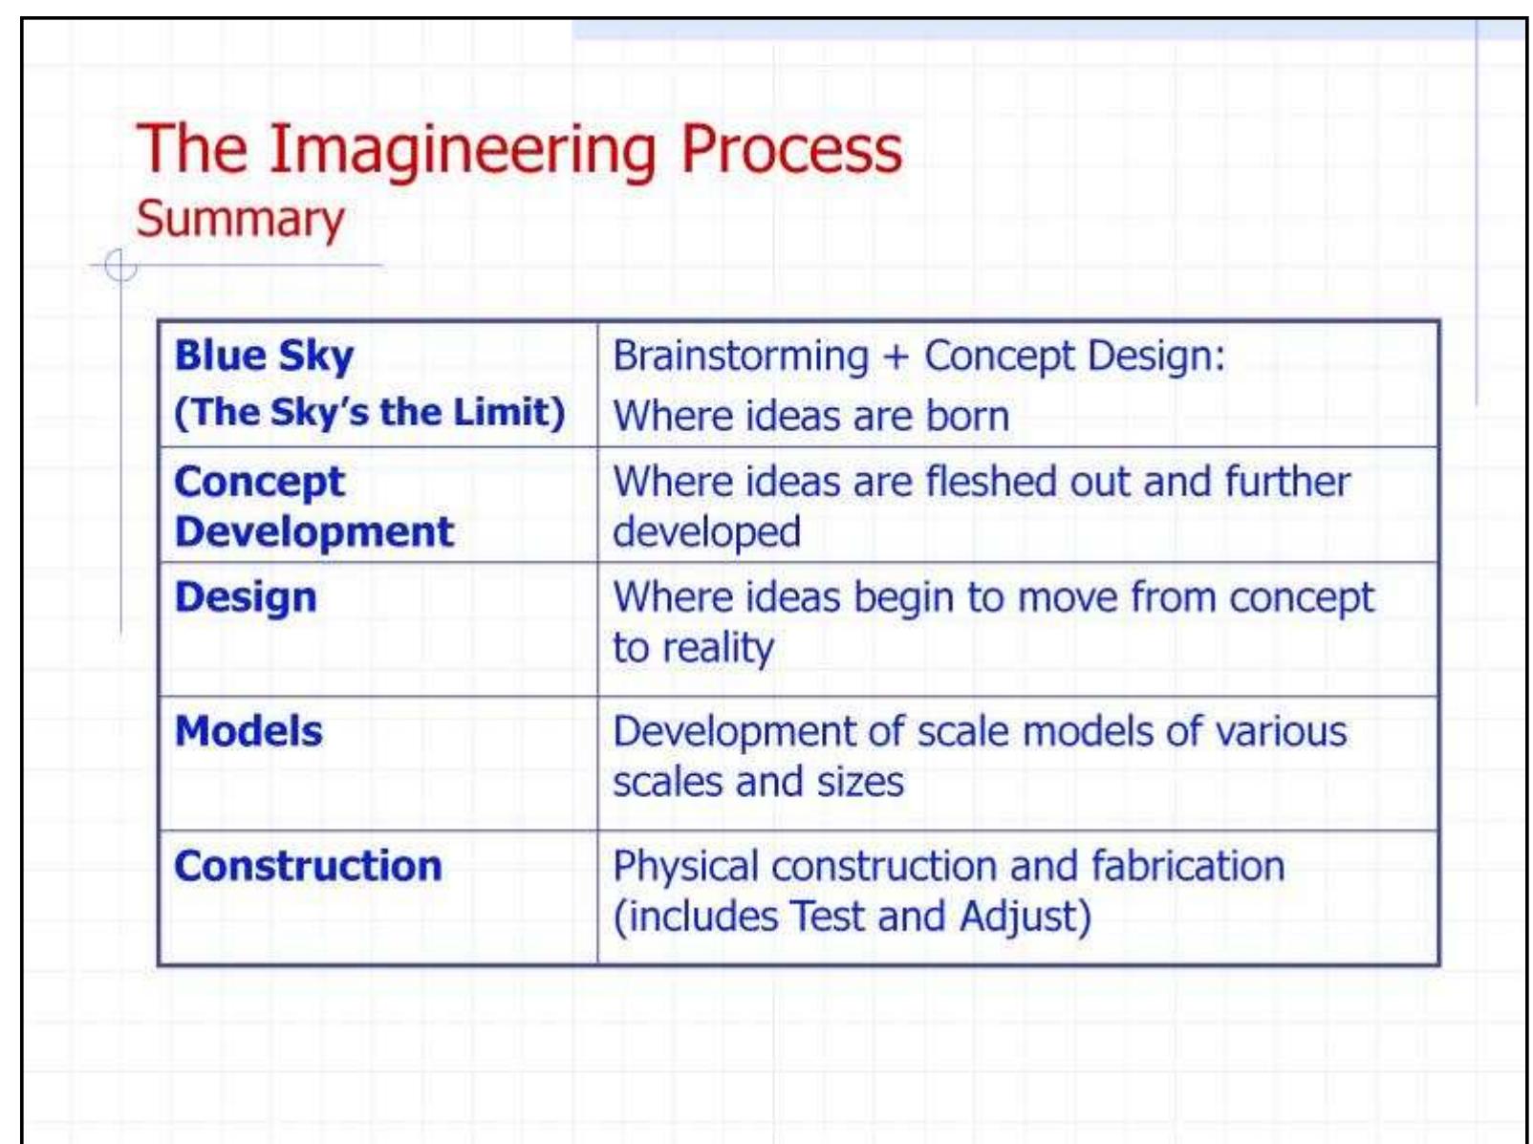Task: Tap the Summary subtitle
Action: click(x=239, y=219)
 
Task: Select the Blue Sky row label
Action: click(x=264, y=356)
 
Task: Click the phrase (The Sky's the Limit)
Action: click(x=369, y=412)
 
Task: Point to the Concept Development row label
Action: click(x=313, y=507)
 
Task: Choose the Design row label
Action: click(x=246, y=597)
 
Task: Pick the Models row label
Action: click(x=248, y=731)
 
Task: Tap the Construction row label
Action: click(x=308, y=866)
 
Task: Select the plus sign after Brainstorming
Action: click(x=896, y=357)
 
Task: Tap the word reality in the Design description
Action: click(x=718, y=649)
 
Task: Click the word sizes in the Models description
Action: click(x=859, y=782)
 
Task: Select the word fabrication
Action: click(x=1187, y=866)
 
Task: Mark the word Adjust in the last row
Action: click(x=1024, y=917)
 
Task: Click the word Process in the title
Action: click(x=790, y=150)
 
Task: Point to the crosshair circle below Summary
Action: click(x=120, y=266)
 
